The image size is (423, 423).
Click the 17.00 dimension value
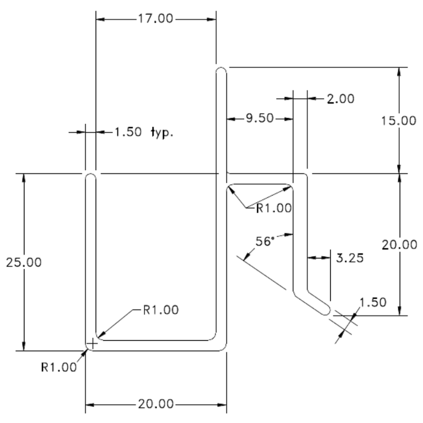(155, 18)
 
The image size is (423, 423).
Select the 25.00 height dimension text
(24, 262)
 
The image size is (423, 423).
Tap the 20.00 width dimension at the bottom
(156, 404)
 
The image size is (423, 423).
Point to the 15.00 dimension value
(399, 121)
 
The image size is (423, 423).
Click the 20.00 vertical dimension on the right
(399, 245)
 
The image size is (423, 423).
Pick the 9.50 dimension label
(260, 118)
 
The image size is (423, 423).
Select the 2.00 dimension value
(341, 99)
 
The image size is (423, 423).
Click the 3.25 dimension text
(350, 258)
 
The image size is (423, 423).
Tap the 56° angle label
(265, 241)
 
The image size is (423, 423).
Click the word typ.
(162, 133)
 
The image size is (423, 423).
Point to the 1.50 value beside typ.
(128, 132)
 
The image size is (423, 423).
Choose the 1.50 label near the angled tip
(373, 302)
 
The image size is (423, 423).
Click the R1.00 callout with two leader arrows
(274, 208)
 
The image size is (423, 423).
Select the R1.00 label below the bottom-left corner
(59, 367)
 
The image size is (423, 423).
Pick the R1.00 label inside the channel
(161, 310)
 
